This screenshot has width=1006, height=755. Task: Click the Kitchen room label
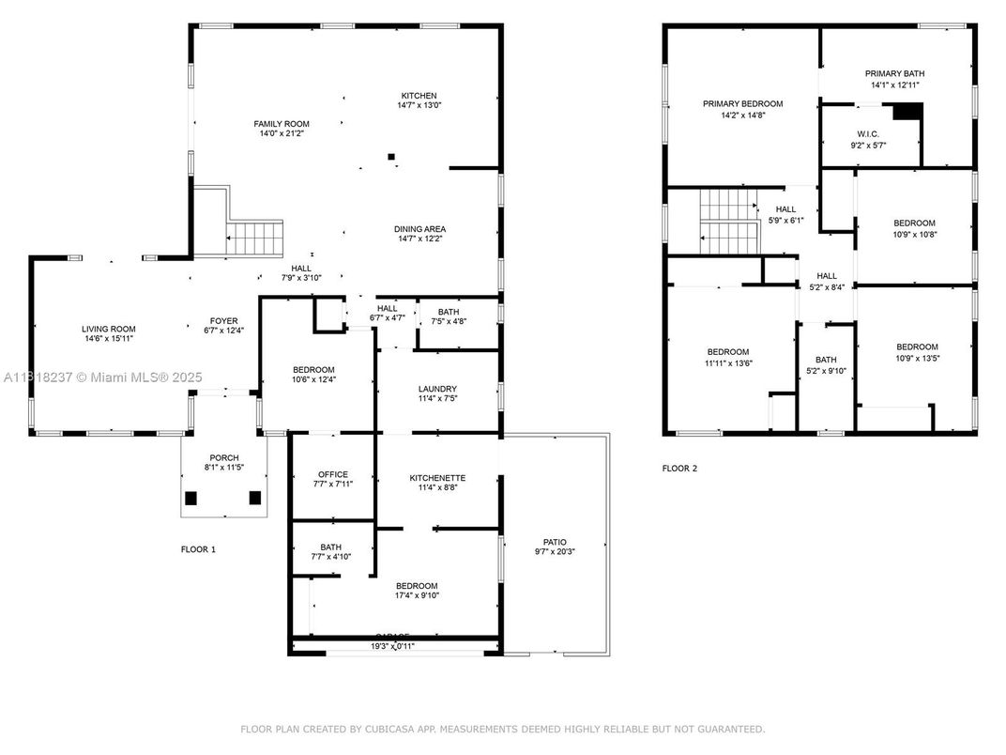(419, 96)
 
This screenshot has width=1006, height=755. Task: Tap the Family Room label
(281, 124)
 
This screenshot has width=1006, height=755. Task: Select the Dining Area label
(419, 229)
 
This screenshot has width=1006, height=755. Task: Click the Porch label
(223, 457)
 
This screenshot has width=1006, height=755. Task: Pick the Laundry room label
(437, 389)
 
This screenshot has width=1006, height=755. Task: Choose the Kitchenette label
(437, 478)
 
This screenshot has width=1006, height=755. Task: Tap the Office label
(332, 474)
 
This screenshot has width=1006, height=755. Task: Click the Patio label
(555, 542)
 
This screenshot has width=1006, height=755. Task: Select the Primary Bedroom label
(742, 104)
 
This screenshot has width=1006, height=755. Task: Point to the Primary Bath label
(894, 73)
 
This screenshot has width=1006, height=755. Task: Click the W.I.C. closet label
(867, 133)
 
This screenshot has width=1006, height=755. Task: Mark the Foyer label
(222, 320)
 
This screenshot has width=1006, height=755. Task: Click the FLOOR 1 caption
(198, 549)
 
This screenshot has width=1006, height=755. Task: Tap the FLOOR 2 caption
(679, 468)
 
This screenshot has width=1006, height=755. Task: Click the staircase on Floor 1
(255, 238)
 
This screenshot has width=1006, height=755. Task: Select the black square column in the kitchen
(392, 157)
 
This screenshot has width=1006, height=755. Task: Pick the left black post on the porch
(191, 499)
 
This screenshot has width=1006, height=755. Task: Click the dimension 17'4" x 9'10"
(417, 595)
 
